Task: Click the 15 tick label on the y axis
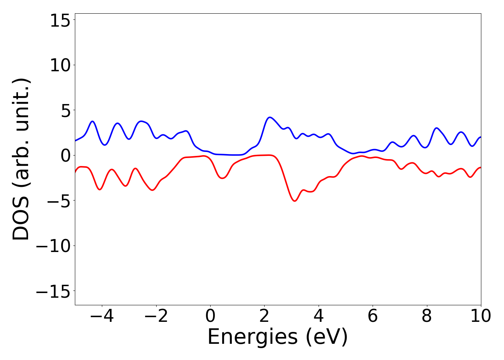(x=59, y=21)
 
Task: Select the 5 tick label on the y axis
(x=65, y=111)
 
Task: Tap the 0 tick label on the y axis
(x=65, y=156)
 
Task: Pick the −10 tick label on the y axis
(x=53, y=247)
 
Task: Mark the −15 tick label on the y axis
(x=53, y=292)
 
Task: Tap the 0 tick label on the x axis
(x=210, y=316)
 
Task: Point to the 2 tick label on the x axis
(x=264, y=316)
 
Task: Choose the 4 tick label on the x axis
(x=319, y=316)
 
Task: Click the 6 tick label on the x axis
(x=373, y=316)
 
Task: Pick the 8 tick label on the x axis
(x=427, y=316)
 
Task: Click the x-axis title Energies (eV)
(x=278, y=337)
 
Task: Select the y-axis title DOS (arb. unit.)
(x=22, y=159)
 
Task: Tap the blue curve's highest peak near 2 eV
(x=270, y=117)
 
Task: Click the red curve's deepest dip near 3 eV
(x=295, y=201)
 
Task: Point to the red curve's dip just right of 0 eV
(x=222, y=178)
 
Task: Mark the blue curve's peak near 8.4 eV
(x=437, y=128)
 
